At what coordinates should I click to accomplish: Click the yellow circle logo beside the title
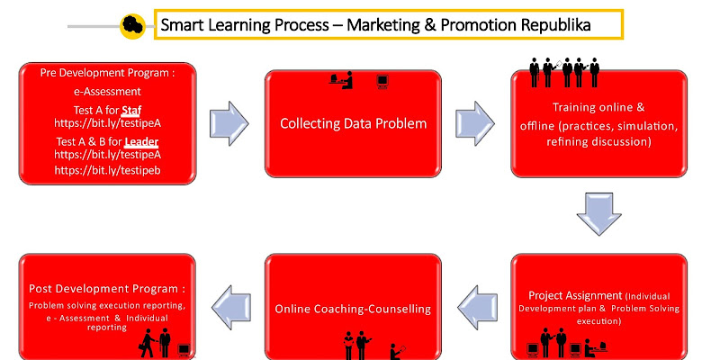[x=132, y=26]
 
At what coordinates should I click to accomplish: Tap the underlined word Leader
[x=140, y=142]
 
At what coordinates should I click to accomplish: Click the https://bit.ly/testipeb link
[x=107, y=169]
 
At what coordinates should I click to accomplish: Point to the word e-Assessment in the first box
[x=107, y=91]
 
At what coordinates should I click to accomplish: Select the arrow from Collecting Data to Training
[x=474, y=122]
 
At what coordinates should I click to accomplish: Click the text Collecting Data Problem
[x=353, y=123]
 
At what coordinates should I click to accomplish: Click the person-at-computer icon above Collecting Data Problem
[x=343, y=81]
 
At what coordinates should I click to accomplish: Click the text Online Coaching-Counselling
[x=353, y=309]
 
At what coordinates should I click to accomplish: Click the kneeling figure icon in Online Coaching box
[x=396, y=347]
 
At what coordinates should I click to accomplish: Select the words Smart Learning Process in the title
[x=238, y=25]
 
